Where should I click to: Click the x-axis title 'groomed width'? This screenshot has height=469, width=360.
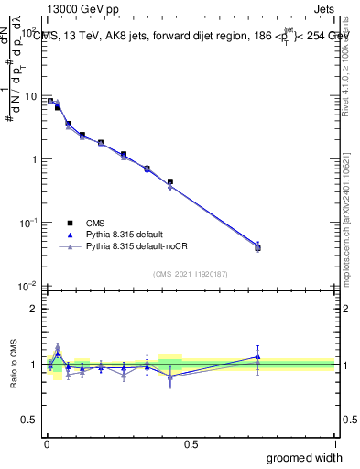[x=304, y=457]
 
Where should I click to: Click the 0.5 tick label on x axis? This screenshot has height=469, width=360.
[x=191, y=442]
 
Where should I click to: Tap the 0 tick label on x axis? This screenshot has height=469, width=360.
[x=46, y=442]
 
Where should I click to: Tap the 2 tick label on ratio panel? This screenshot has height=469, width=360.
[x=35, y=309]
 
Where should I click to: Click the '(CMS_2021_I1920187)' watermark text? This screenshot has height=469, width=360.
[x=190, y=272]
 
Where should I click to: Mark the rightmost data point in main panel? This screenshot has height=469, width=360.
[x=257, y=247]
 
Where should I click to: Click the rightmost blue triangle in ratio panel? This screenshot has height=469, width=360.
[x=257, y=356]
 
